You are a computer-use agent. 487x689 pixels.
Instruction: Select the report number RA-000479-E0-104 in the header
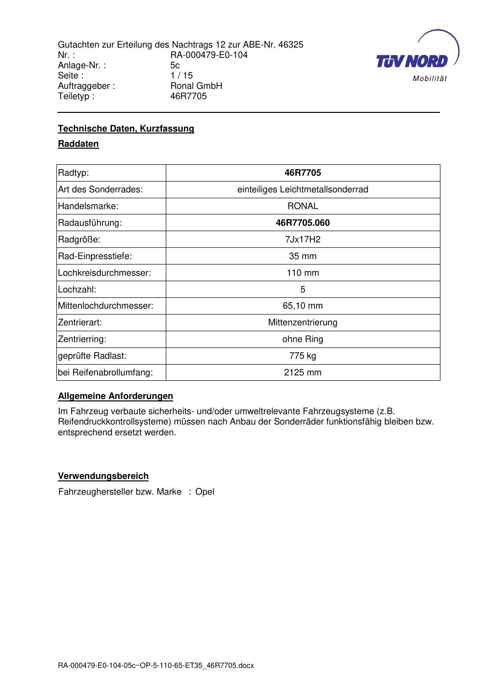click(x=209, y=55)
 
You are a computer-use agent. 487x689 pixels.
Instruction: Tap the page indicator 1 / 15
click(x=181, y=76)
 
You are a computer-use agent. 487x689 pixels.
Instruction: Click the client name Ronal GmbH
click(x=196, y=86)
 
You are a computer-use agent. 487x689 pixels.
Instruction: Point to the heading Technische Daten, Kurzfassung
click(x=126, y=129)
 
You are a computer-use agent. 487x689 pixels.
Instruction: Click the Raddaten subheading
click(x=78, y=144)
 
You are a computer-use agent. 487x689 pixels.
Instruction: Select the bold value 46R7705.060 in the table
click(x=303, y=223)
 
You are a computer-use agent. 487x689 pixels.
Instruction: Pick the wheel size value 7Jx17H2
click(x=303, y=239)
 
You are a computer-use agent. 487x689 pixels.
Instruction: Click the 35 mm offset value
click(x=303, y=256)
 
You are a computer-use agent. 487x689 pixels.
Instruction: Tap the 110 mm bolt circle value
click(x=303, y=273)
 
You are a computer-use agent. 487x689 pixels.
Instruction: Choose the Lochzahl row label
click(x=77, y=290)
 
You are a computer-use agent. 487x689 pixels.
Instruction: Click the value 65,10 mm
click(x=303, y=306)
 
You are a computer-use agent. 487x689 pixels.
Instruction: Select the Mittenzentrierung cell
click(x=303, y=322)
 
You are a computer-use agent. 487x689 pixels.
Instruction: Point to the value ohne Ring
click(x=303, y=339)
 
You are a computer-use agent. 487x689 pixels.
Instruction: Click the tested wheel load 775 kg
click(x=303, y=356)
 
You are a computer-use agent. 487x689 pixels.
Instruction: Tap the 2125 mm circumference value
click(x=303, y=372)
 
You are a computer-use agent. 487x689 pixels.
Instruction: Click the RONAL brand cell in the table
click(x=303, y=206)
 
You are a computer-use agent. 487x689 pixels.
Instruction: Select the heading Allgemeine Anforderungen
click(x=115, y=396)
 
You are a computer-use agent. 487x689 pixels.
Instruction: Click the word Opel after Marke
click(x=205, y=492)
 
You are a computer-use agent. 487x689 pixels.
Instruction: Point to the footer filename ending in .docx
click(x=156, y=665)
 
